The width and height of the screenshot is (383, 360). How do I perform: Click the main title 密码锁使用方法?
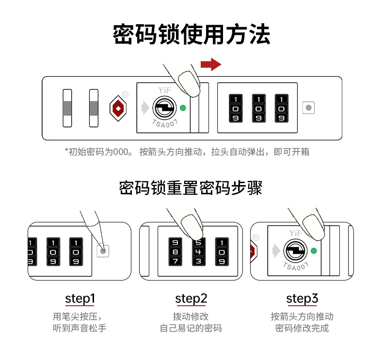click(x=191, y=35)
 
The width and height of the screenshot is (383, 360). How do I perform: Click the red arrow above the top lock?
click(x=210, y=64)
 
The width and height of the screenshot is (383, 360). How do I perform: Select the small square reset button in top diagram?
click(x=308, y=107)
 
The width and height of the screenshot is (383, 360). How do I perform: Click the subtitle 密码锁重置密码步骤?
click(x=191, y=188)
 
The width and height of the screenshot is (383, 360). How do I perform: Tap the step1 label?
click(x=80, y=298)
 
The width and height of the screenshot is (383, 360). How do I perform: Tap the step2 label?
click(x=191, y=298)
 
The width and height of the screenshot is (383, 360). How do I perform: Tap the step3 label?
click(x=302, y=298)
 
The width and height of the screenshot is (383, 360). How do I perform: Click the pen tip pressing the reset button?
click(x=103, y=250)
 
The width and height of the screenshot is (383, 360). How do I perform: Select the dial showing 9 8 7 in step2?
click(x=175, y=251)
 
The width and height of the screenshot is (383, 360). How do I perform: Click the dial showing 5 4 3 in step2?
click(x=198, y=251)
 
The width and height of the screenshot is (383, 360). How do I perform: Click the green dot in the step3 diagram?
click(x=313, y=250)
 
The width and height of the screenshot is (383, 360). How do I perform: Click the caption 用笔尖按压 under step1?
click(x=80, y=316)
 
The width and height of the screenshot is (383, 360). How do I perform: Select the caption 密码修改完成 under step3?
click(x=302, y=328)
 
